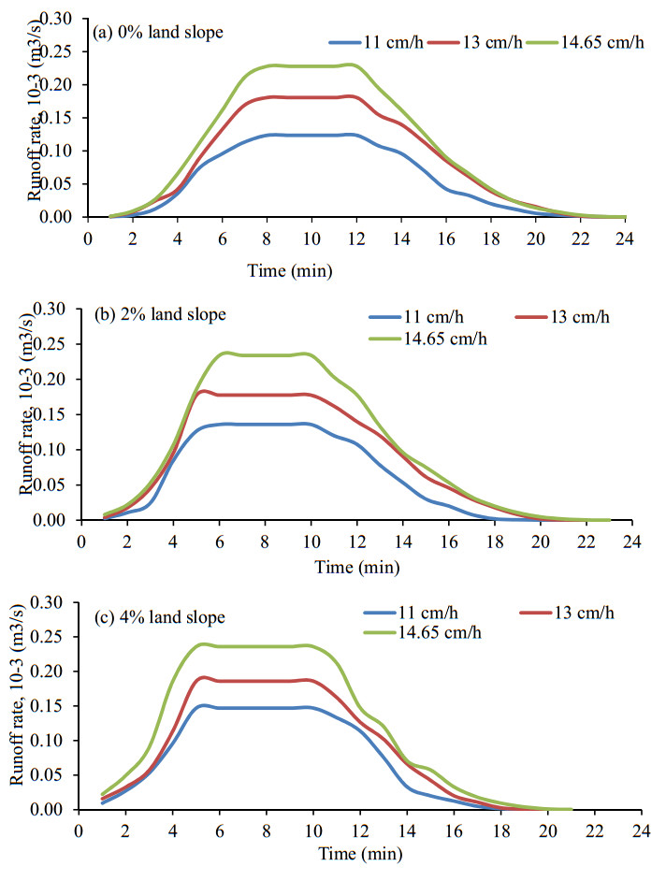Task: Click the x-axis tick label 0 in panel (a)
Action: coord(88,238)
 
